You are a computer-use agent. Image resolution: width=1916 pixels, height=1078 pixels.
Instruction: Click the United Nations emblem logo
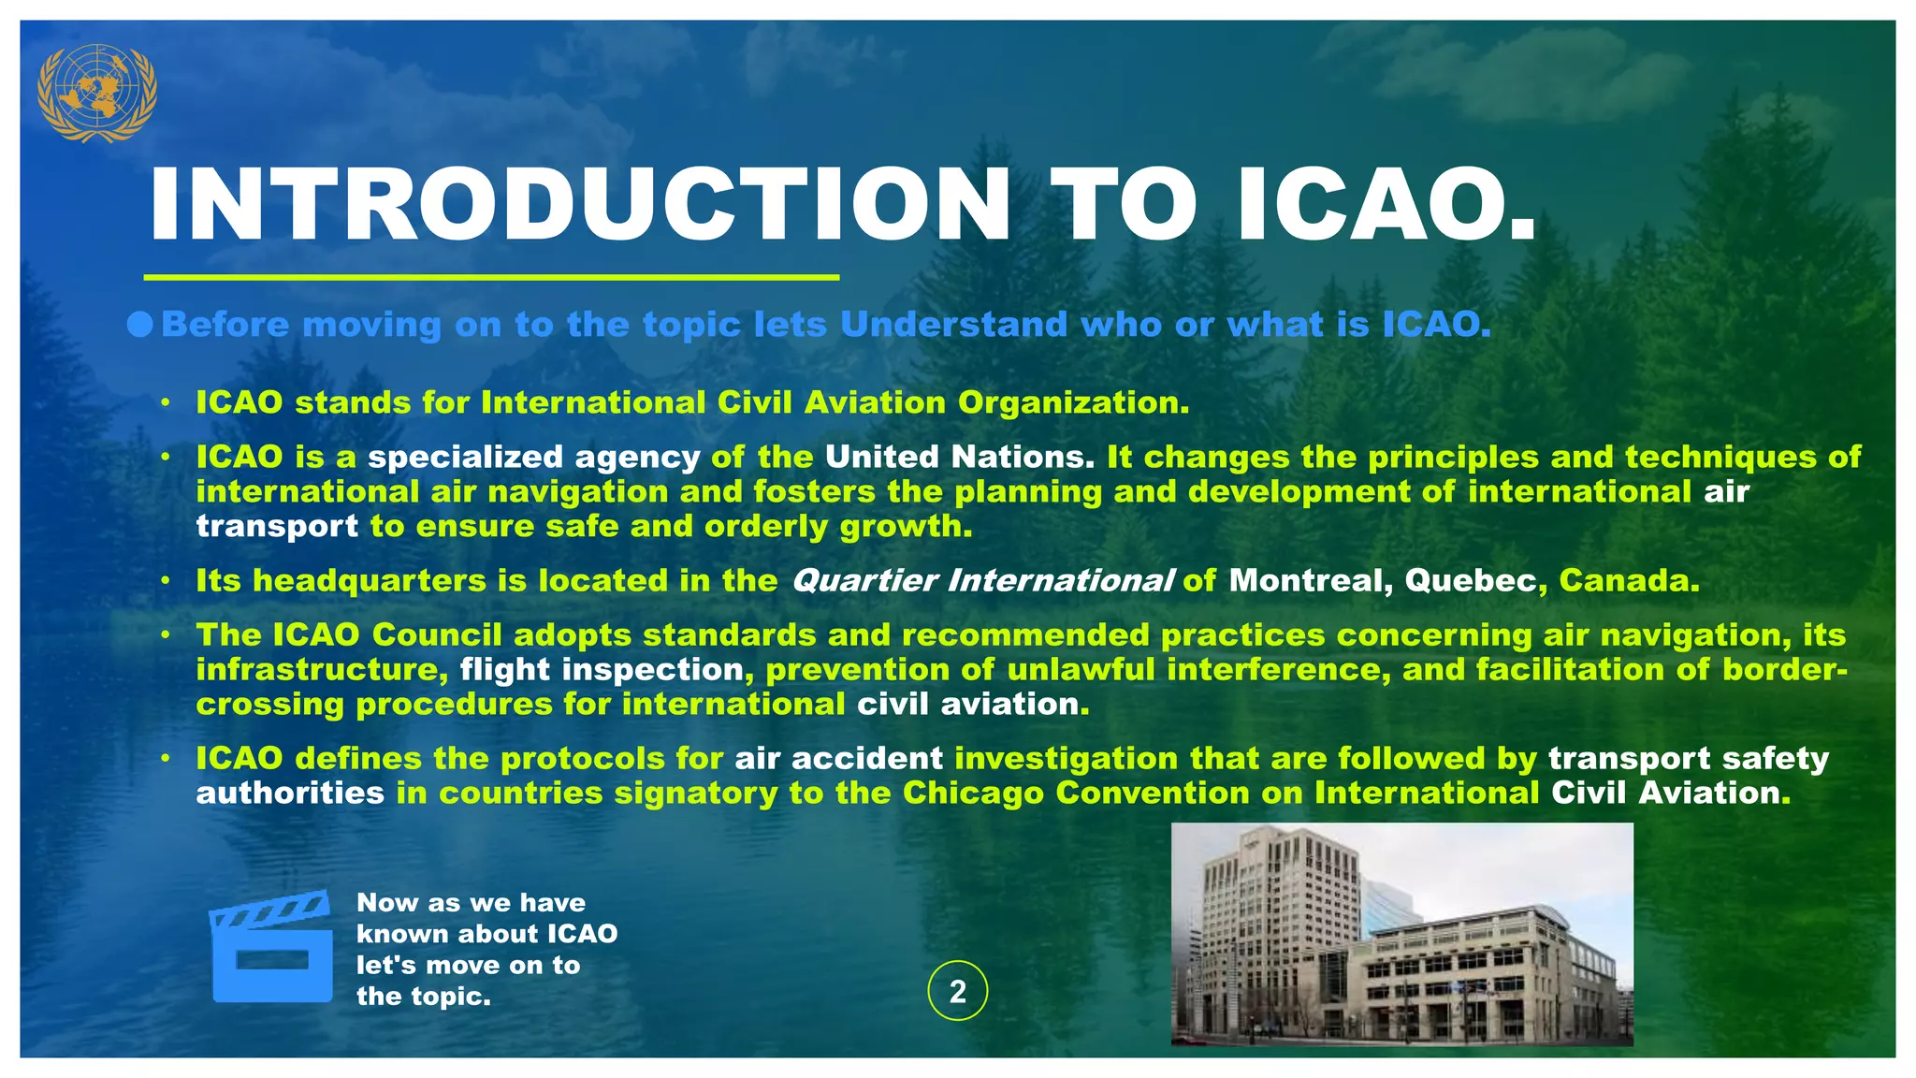(96, 93)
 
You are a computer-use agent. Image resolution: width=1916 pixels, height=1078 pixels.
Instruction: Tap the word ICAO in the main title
(1385, 205)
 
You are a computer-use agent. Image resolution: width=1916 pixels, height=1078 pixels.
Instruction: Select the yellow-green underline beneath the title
(491, 278)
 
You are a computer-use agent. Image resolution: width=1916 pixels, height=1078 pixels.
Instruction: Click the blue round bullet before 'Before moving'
(140, 325)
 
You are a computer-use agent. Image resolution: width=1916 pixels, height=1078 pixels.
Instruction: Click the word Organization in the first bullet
(1073, 403)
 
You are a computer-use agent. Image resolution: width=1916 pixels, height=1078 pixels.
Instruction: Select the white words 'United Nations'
(959, 458)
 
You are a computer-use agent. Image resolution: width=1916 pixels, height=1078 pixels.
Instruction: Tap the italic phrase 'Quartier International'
(981, 581)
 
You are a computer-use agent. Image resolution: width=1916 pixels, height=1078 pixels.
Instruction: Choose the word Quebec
(1470, 581)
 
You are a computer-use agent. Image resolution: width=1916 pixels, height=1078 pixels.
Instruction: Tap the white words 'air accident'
(838, 759)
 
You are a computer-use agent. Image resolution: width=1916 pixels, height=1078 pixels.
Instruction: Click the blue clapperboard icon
(271, 946)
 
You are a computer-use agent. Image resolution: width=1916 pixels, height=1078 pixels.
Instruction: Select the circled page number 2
(957, 991)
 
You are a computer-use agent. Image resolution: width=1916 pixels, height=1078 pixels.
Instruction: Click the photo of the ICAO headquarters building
(1401, 934)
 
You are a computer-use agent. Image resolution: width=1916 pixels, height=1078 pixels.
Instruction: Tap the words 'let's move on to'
(468, 965)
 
